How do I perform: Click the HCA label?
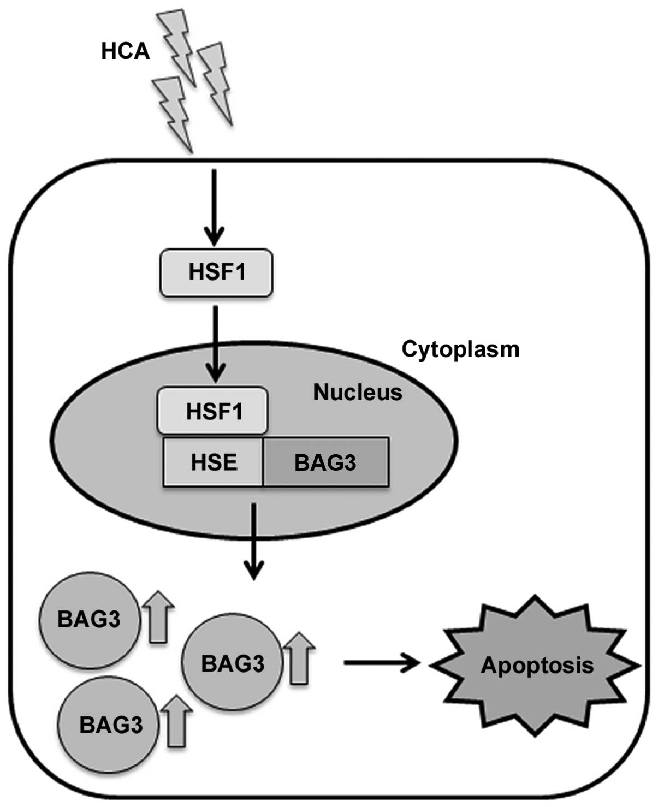click(x=125, y=51)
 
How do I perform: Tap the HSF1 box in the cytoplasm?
click(x=216, y=272)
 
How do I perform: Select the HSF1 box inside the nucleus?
click(x=212, y=411)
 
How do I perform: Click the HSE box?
click(x=213, y=462)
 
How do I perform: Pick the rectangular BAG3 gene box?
click(x=326, y=462)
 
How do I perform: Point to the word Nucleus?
click(x=358, y=392)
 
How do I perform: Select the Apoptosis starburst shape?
click(x=535, y=665)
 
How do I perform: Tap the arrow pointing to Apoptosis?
click(x=382, y=662)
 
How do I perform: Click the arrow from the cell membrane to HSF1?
click(x=214, y=208)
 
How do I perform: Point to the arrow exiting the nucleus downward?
click(x=254, y=542)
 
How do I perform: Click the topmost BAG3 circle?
click(x=89, y=620)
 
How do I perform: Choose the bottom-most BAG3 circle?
click(x=108, y=725)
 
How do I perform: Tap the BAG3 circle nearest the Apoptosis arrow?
click(x=232, y=662)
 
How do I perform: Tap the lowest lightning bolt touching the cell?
click(x=173, y=115)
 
